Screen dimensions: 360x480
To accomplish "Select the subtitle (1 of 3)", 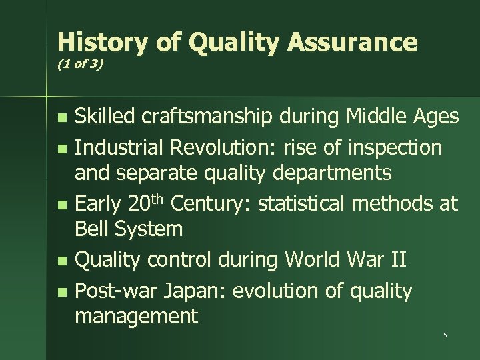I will [79, 67].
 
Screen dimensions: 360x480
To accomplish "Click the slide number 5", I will [445, 335].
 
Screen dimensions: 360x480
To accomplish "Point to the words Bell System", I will [129, 229].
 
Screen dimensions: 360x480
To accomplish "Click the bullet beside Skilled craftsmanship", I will [63, 119].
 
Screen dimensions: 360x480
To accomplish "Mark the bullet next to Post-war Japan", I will [63, 292].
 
